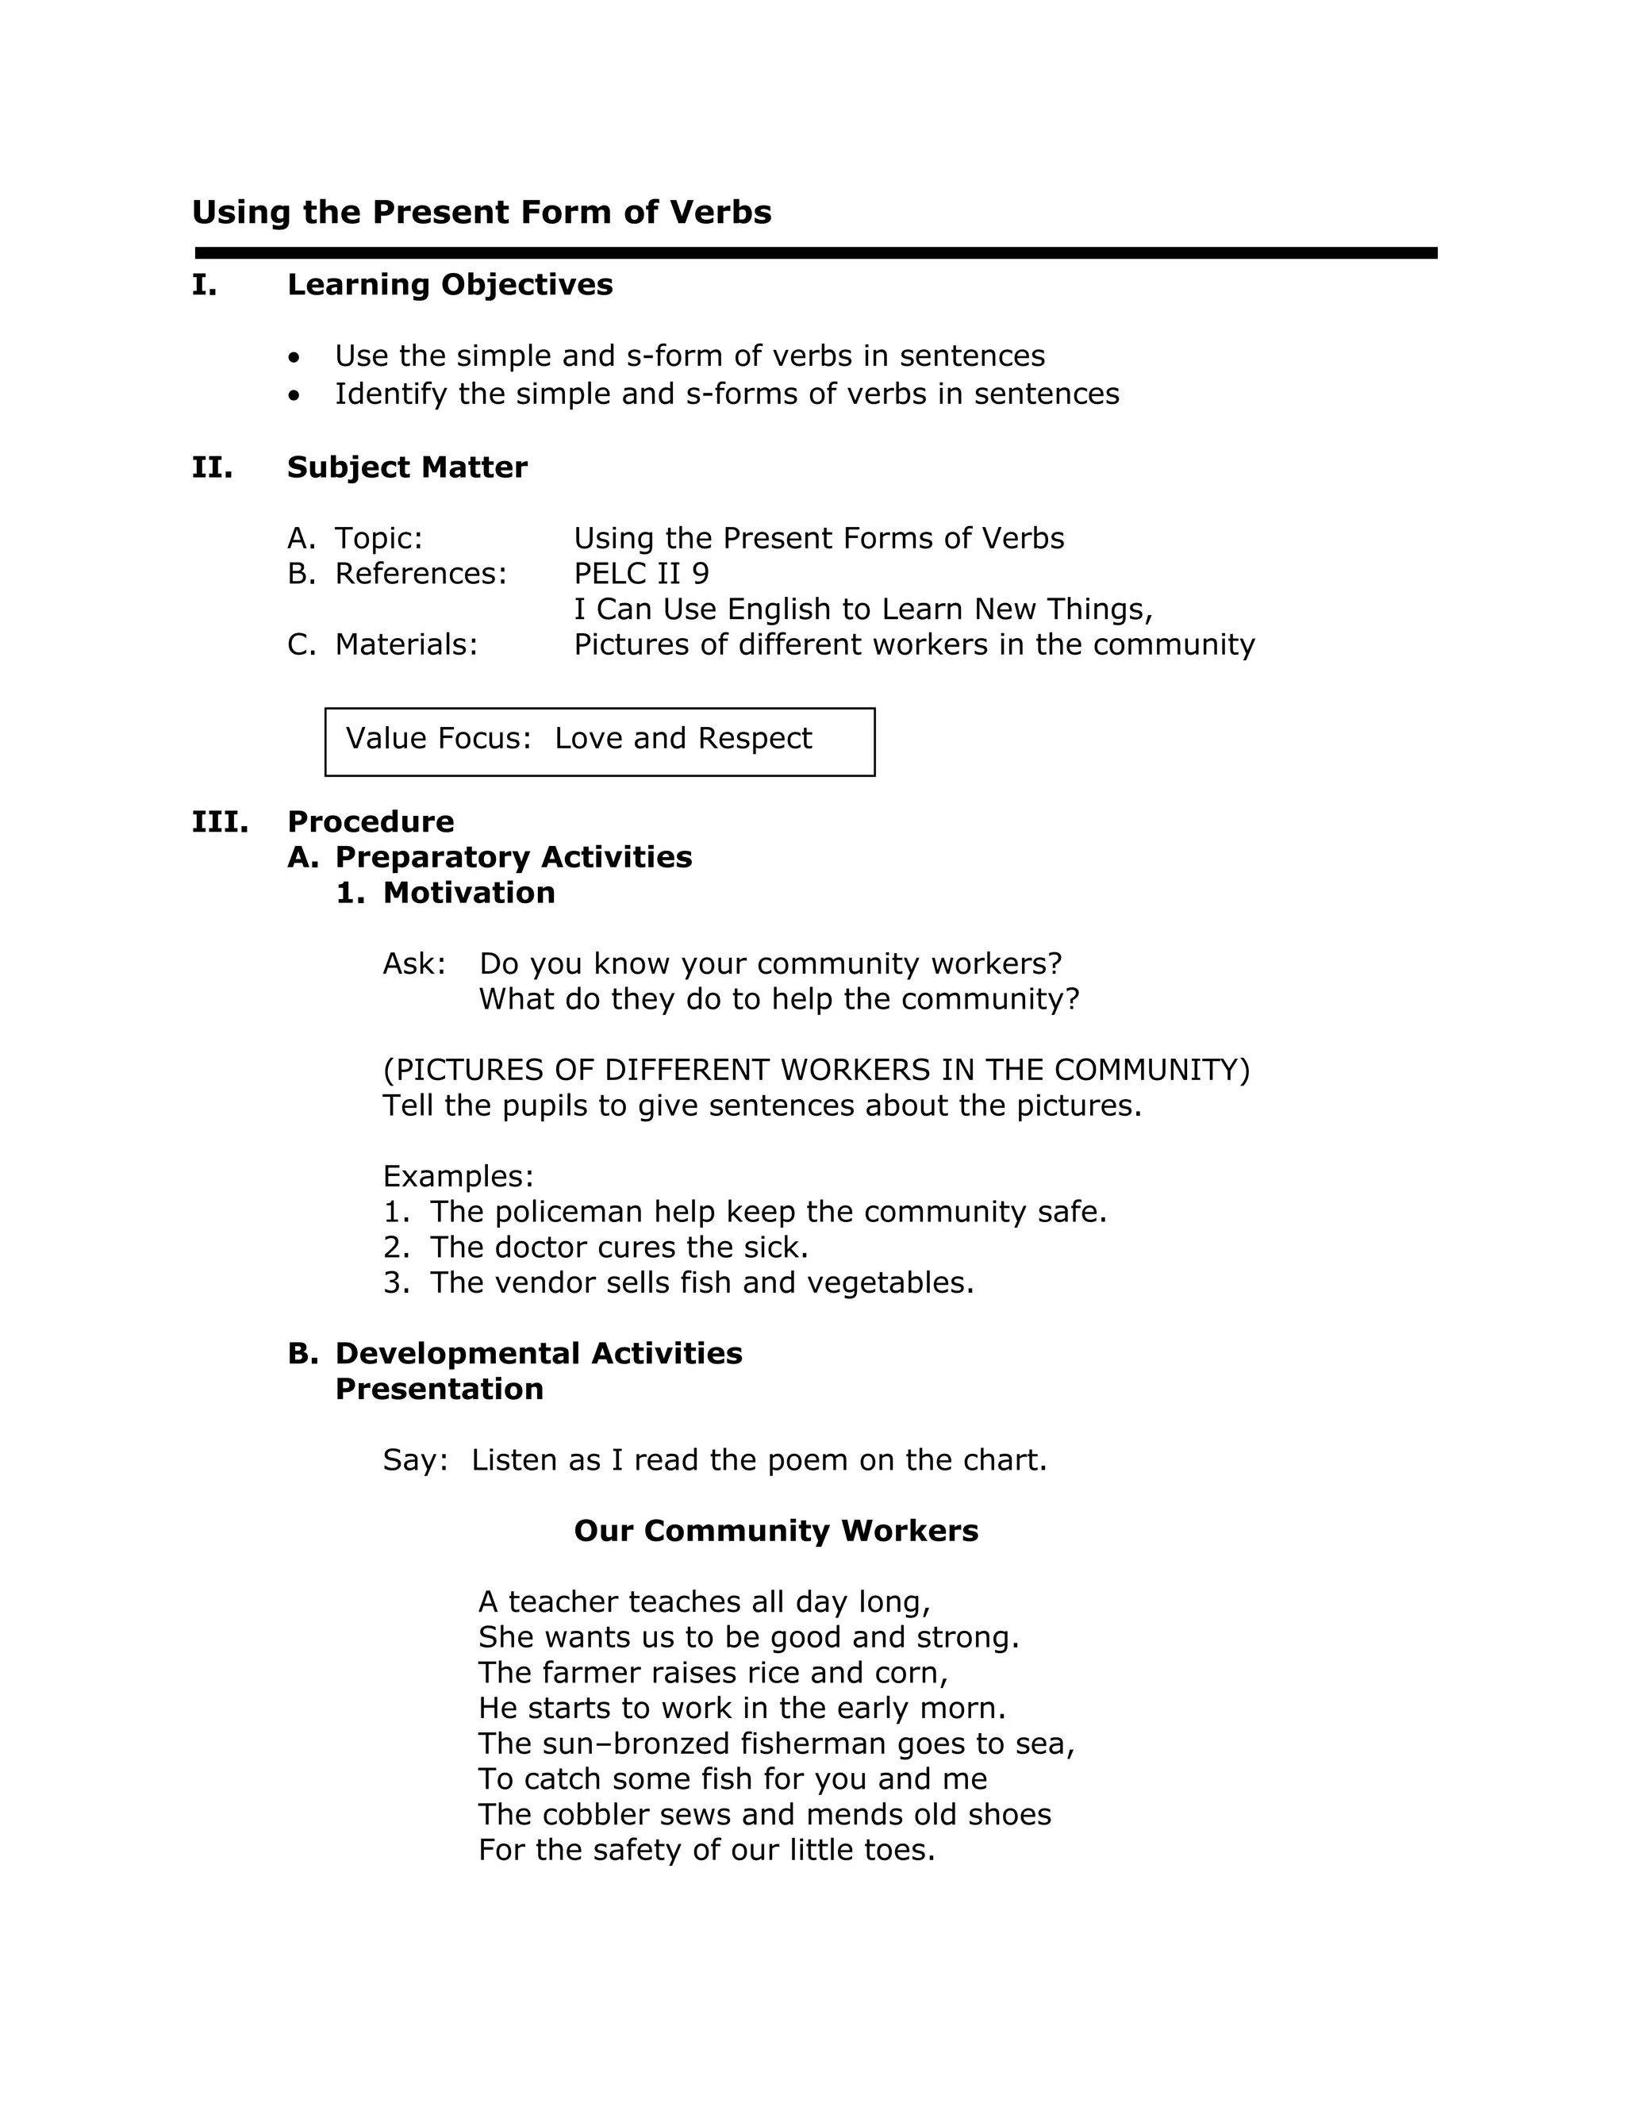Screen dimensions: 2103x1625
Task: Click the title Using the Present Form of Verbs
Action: tap(482, 213)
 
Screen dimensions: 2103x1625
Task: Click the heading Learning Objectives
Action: tap(450, 285)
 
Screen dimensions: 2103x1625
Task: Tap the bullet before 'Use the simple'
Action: tap(294, 358)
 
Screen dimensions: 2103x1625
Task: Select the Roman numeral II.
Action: tap(212, 468)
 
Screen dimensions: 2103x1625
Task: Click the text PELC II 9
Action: tap(641, 574)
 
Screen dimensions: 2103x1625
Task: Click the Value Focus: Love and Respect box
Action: tap(599, 741)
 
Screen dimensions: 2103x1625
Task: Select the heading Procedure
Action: tap(371, 822)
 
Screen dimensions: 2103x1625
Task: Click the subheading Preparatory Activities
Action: tap(513, 858)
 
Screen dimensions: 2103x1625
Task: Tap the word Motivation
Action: tap(469, 894)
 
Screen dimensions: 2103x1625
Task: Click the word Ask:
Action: tap(414, 964)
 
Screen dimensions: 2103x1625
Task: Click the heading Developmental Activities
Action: tap(538, 1354)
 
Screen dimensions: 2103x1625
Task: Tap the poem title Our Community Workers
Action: tap(776, 1531)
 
